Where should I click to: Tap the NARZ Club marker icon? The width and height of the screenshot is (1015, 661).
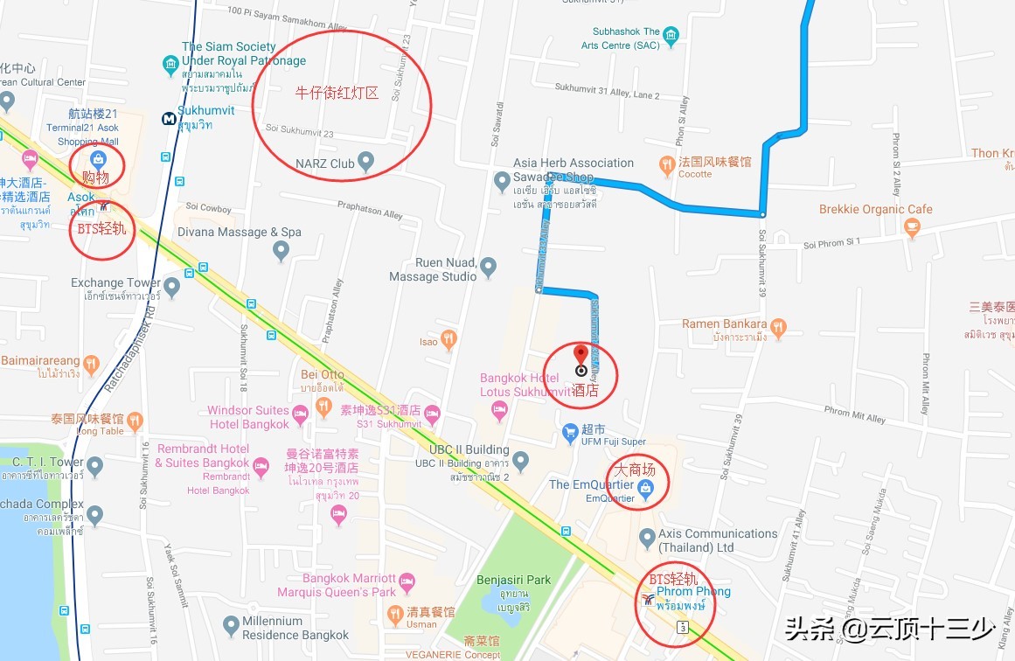pyautogui.click(x=366, y=161)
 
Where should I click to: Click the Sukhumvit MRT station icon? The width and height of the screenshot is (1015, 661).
pyautogui.click(x=167, y=118)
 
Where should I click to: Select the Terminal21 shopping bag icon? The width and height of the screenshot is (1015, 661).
pyautogui.click(x=99, y=159)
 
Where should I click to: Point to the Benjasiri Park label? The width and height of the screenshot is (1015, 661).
pyautogui.click(x=513, y=580)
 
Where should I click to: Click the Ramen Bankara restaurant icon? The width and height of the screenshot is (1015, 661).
pyautogui.click(x=778, y=329)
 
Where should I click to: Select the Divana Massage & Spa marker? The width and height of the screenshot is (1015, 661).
pyautogui.click(x=281, y=251)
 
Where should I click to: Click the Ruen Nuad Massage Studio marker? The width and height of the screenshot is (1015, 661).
pyautogui.click(x=489, y=266)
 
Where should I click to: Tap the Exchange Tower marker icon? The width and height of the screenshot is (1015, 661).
pyautogui.click(x=171, y=286)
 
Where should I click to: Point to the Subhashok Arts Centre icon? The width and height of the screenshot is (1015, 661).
pyautogui.click(x=671, y=36)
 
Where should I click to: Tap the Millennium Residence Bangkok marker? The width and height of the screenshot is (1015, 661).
pyautogui.click(x=231, y=625)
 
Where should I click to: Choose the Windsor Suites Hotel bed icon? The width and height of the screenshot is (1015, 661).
pyautogui.click(x=300, y=414)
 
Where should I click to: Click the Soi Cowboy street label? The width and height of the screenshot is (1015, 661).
pyautogui.click(x=208, y=208)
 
